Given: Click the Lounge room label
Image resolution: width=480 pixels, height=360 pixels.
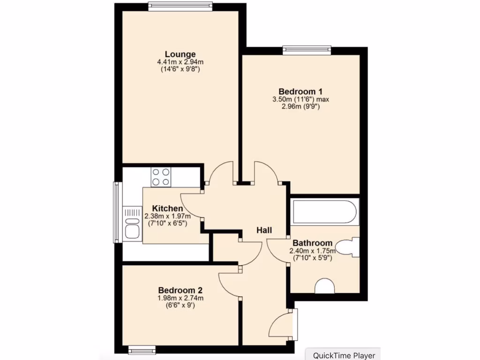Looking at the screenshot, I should pyautogui.click(x=180, y=54).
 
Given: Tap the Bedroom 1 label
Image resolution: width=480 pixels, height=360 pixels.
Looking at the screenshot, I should pyautogui.click(x=300, y=91).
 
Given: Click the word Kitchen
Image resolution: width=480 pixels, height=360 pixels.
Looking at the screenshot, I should pyautogui.click(x=167, y=209).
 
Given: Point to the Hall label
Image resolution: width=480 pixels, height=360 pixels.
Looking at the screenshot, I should pyautogui.click(x=264, y=230).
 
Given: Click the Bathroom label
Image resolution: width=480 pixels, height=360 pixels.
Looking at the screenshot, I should pyautogui.click(x=312, y=243).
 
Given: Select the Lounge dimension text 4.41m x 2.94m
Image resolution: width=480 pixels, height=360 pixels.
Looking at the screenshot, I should pyautogui.click(x=180, y=62).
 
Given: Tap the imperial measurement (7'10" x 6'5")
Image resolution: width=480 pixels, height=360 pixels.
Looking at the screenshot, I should pyautogui.click(x=167, y=224).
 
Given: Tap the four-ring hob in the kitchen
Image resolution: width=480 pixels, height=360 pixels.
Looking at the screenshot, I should pyautogui.click(x=161, y=177).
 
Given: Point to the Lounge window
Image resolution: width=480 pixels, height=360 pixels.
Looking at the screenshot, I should pyautogui.click(x=180, y=6).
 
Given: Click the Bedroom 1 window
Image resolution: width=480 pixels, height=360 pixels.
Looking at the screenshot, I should pyautogui.click(x=307, y=49).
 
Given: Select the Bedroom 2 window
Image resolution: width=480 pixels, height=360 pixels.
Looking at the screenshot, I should pyautogui.click(x=142, y=350).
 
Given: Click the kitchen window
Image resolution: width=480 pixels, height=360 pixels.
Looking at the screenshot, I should pyautogui.click(x=117, y=212).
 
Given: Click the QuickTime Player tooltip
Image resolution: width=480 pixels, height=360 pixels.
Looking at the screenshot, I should pyautogui.click(x=344, y=355).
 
